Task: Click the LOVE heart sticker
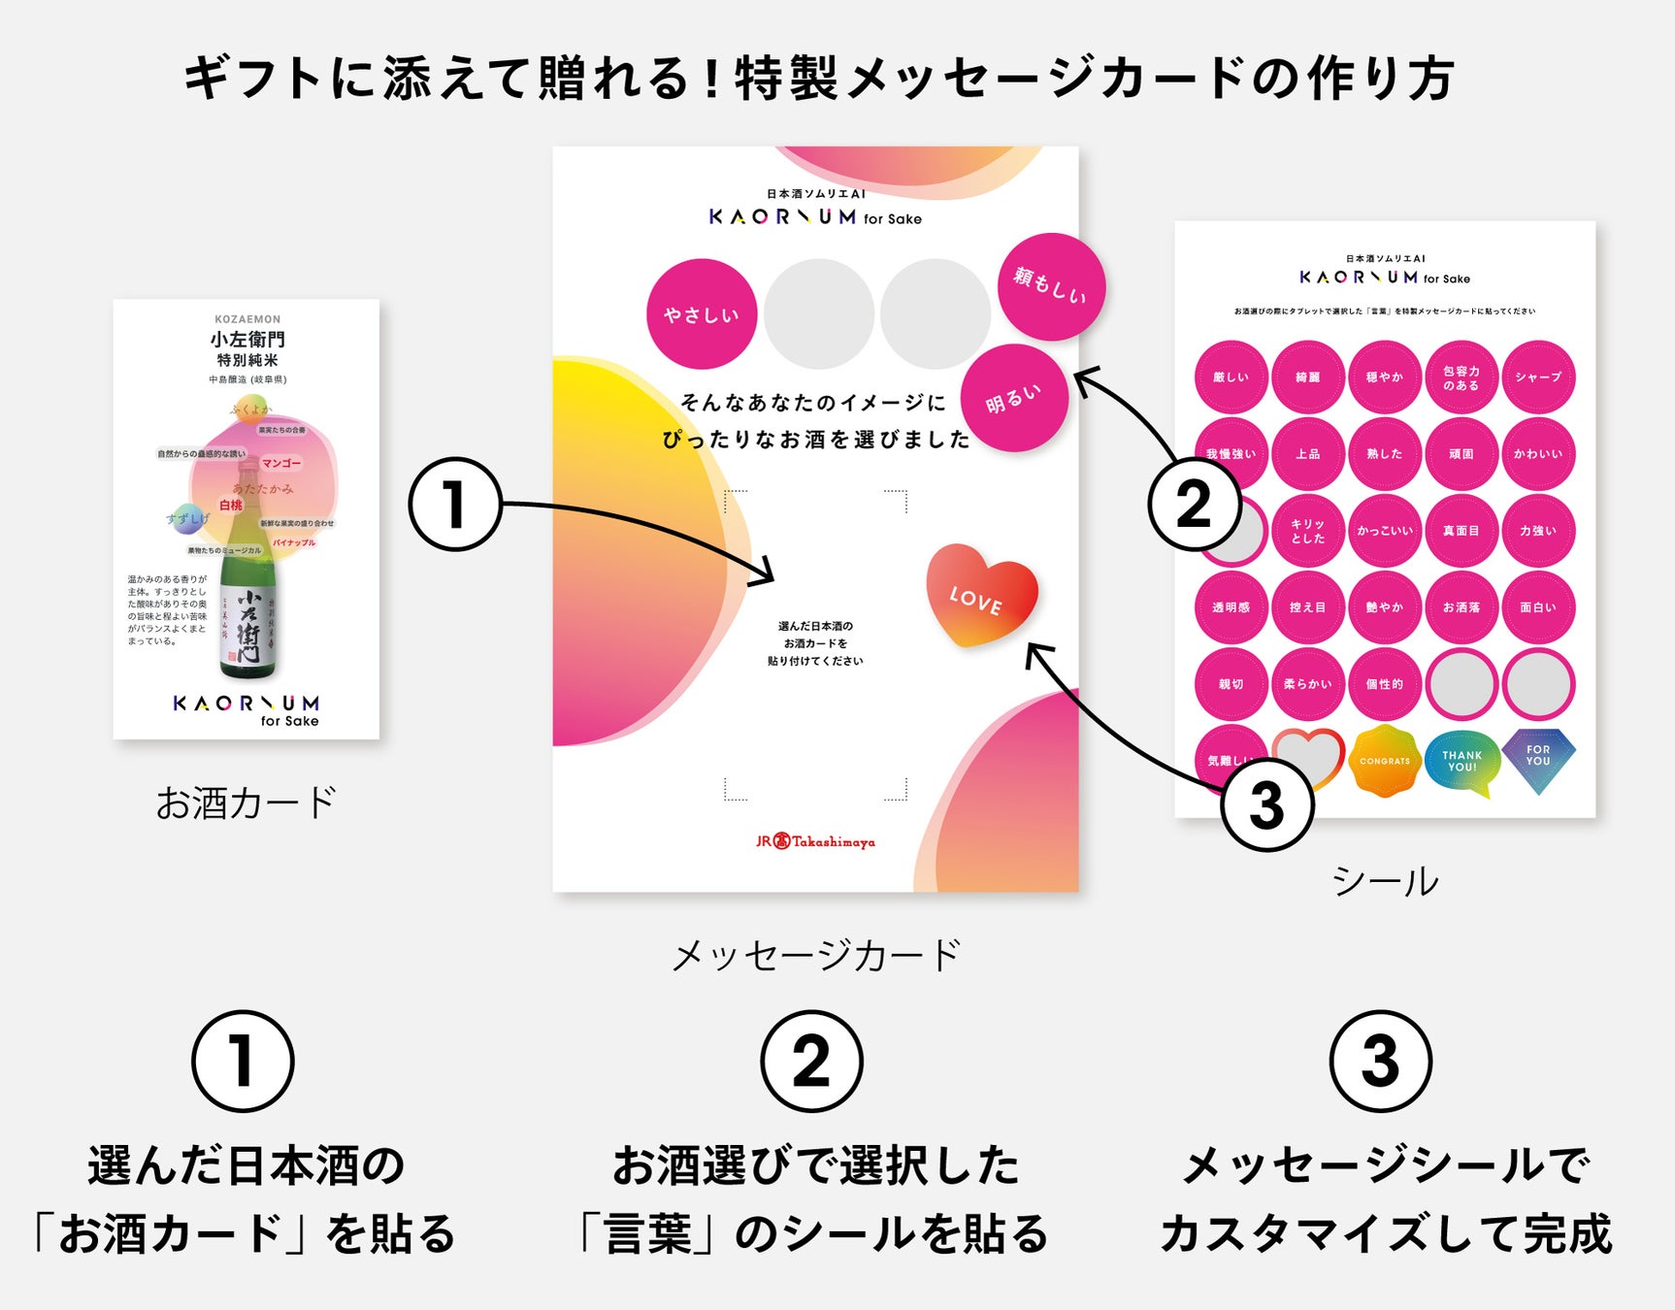coord(980,595)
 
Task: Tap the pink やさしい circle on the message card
coord(702,313)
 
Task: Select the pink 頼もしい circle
coord(1051,286)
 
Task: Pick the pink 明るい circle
coord(1014,398)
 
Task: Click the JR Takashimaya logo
coord(815,841)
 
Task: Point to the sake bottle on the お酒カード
coord(247,602)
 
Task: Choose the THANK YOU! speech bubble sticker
coord(1462,762)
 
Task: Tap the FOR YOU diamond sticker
coord(1538,758)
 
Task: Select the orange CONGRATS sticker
coord(1385,761)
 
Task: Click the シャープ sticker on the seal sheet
coord(1538,377)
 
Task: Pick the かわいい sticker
coord(1538,453)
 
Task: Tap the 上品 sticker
coord(1308,453)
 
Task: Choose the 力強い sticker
coord(1538,531)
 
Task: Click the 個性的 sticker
coord(1385,684)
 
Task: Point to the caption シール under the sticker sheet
coord(1385,881)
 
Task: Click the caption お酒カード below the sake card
coord(246,803)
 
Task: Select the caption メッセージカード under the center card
coord(815,955)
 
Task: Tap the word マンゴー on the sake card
coord(281,463)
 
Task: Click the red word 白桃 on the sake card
coord(231,505)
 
